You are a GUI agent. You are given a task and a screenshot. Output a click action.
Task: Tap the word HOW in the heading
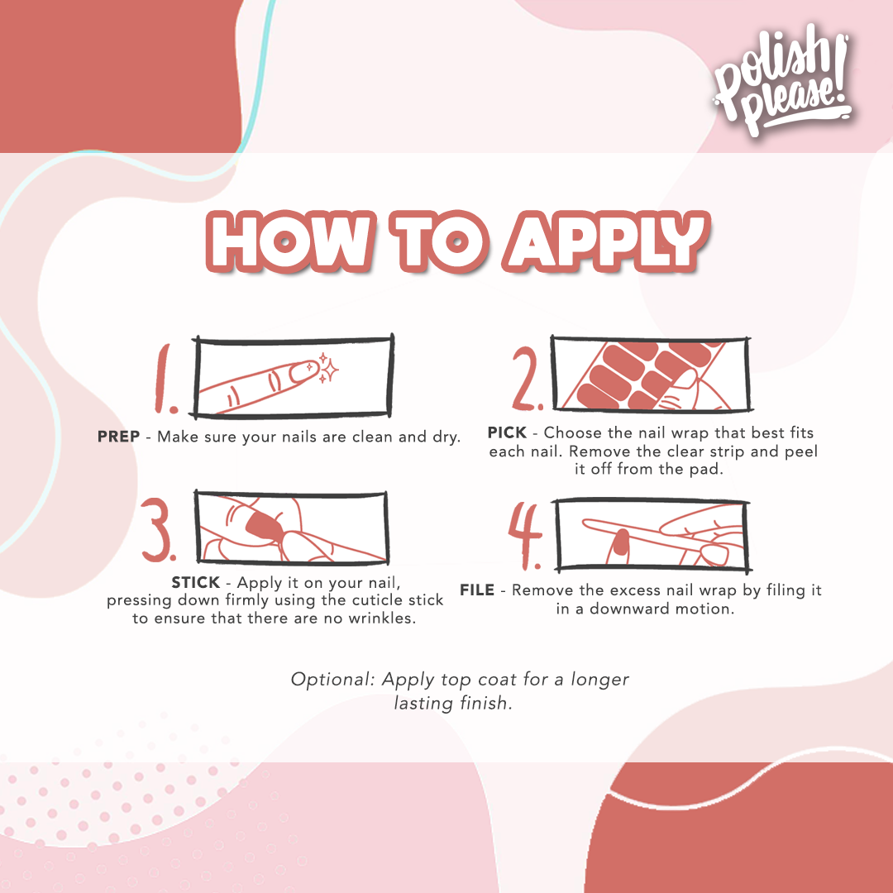point(275,241)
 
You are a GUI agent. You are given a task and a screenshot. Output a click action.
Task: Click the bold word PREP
point(118,437)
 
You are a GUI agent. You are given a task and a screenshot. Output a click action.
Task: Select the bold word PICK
point(511,432)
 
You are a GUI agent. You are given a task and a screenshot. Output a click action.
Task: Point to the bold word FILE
point(477,590)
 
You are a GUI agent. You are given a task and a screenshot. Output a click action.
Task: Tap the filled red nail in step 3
point(264,523)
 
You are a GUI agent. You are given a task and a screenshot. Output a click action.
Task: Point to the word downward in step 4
point(618,609)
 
